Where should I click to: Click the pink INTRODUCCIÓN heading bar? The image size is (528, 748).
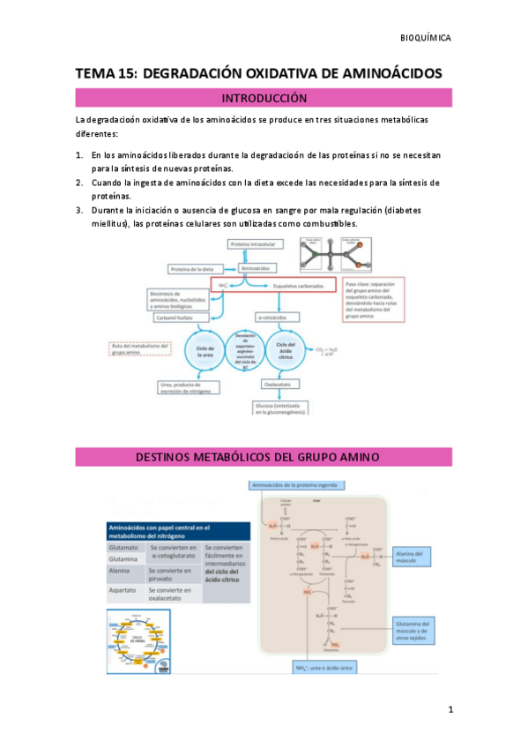(264, 98)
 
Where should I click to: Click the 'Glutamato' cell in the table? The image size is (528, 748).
(122, 547)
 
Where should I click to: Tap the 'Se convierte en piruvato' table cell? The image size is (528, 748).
(172, 574)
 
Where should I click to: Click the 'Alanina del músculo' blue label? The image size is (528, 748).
(411, 557)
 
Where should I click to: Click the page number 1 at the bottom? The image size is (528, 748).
(450, 709)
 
